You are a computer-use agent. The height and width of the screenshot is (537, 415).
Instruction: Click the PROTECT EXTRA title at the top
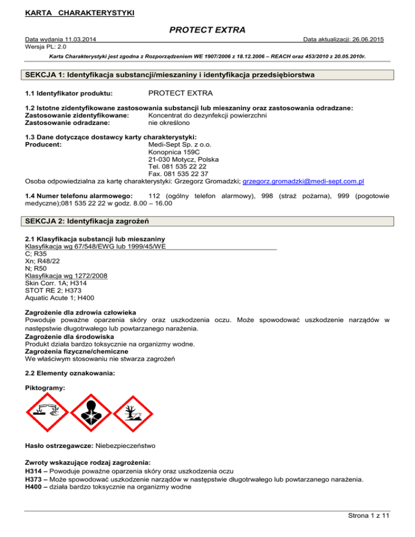click(207, 30)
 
